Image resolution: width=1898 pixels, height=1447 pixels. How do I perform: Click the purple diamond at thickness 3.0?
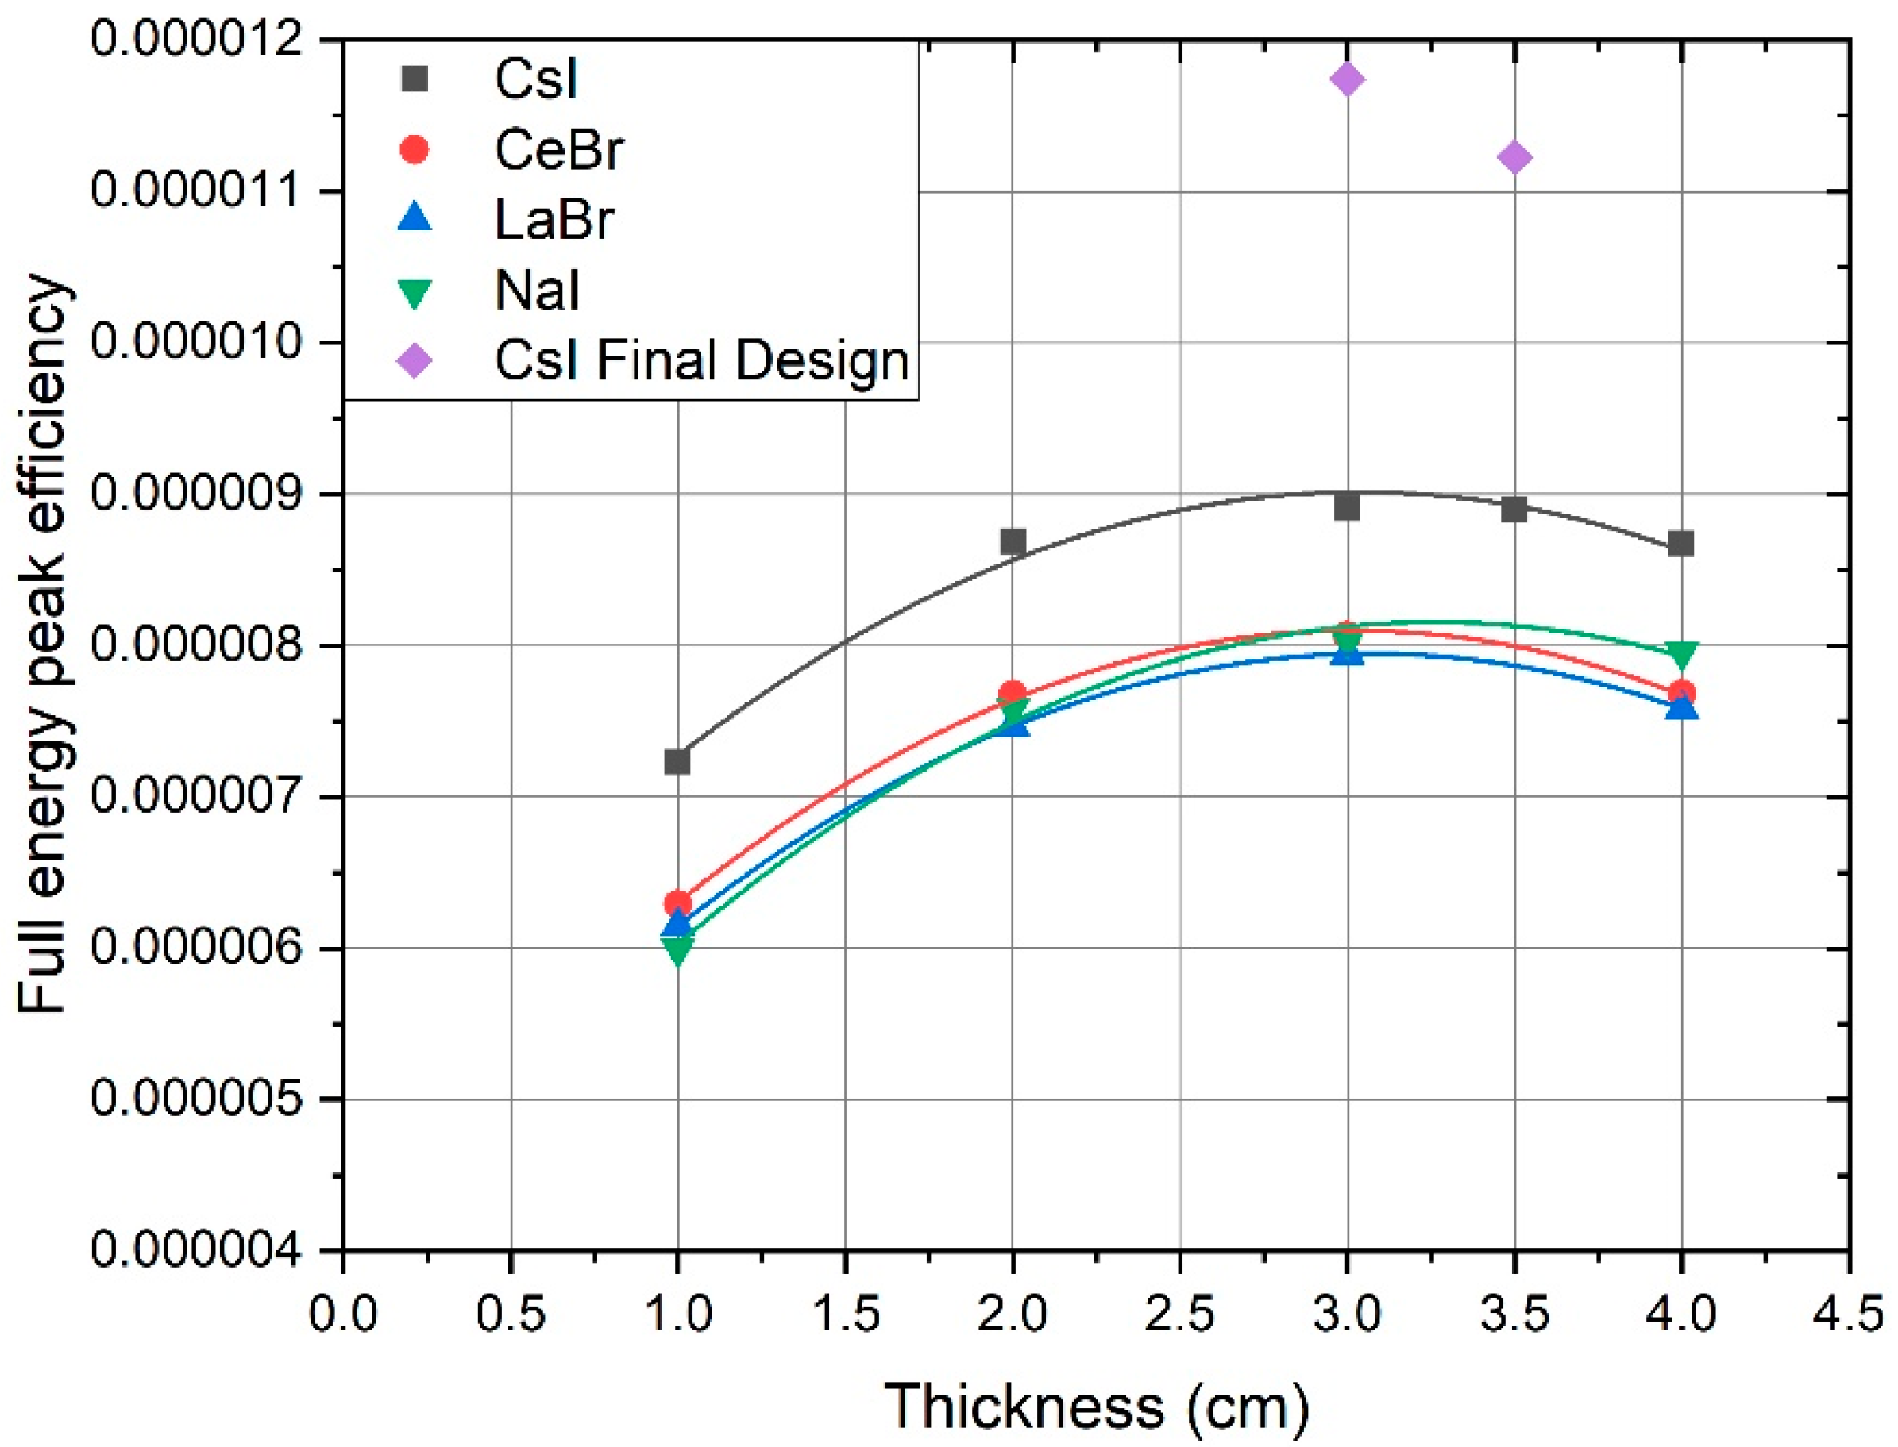click(1347, 80)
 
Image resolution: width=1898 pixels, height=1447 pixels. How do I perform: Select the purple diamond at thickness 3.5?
click(1514, 158)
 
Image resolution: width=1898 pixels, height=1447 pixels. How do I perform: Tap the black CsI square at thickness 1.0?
click(677, 761)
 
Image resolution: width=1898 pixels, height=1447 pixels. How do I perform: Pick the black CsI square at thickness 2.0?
click(1013, 542)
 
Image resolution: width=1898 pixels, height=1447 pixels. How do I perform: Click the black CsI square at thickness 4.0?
click(1681, 544)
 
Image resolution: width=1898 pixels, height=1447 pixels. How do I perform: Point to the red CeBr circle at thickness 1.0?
click(678, 903)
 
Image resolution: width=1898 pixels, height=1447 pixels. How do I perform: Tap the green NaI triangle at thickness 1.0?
click(678, 951)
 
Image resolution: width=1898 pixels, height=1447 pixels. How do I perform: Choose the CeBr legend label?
click(558, 150)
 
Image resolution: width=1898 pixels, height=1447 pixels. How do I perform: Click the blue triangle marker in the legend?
click(415, 217)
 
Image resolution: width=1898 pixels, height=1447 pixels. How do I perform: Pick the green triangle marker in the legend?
click(415, 292)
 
